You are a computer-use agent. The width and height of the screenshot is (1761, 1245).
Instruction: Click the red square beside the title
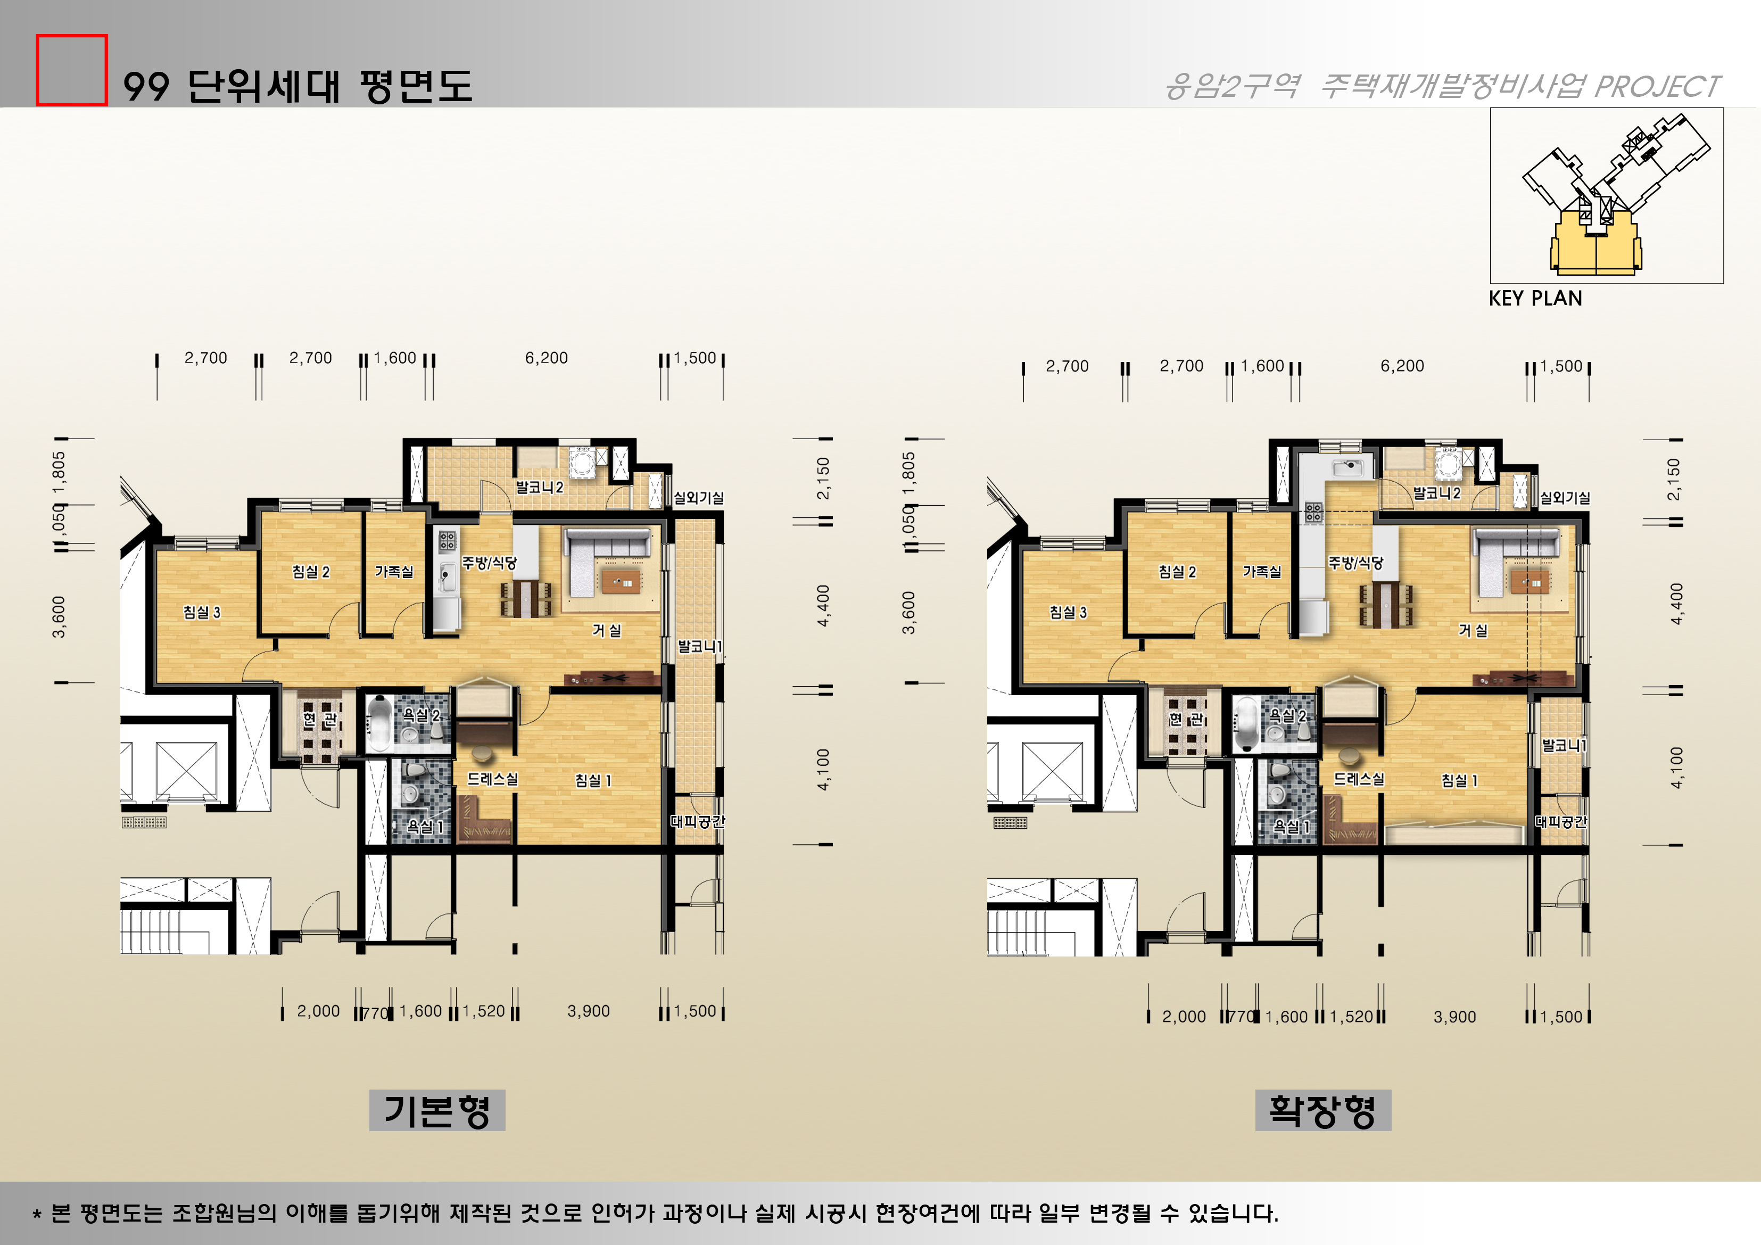click(71, 70)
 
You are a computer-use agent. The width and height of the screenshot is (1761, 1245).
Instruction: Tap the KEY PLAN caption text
click(1535, 299)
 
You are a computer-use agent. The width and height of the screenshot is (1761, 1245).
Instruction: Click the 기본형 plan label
click(436, 1110)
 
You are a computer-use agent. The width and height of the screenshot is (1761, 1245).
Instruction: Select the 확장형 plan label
click(1322, 1110)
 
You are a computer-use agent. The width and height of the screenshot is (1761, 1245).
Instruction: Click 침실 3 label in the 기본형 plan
click(202, 612)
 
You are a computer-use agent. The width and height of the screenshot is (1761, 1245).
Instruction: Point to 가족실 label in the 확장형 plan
click(1262, 572)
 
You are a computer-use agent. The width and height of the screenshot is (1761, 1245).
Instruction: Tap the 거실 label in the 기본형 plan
click(606, 631)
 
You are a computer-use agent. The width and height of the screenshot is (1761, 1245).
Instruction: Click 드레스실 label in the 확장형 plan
click(1358, 779)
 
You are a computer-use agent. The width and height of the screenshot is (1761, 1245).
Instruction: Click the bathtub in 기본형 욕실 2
click(378, 723)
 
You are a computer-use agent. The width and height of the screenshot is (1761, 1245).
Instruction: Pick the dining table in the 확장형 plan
click(1387, 605)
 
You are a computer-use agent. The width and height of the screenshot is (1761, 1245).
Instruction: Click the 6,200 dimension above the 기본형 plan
click(546, 358)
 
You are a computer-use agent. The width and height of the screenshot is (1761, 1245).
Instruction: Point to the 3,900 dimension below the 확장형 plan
click(1454, 1017)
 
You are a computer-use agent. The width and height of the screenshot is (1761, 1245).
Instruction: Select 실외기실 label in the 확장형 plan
click(1565, 498)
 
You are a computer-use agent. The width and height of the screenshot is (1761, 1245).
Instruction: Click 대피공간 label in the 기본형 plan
click(697, 821)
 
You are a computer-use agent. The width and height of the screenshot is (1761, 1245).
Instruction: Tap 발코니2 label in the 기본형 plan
click(539, 487)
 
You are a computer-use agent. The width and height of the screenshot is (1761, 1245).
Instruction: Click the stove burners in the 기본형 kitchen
click(447, 540)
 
